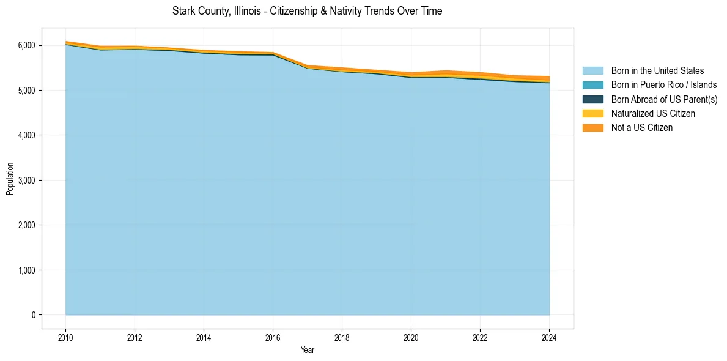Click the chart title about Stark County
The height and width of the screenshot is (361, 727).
tap(307, 11)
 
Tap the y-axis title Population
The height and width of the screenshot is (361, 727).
tap(10, 179)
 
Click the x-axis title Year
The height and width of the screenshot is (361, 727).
tap(308, 350)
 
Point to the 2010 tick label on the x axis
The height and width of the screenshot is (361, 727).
tap(65, 337)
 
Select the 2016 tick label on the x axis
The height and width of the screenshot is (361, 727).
tap(273, 337)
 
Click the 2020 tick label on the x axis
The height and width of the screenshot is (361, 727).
tap(411, 337)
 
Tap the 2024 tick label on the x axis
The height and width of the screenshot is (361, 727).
tap(550, 337)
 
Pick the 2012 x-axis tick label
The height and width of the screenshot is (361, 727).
tap(135, 337)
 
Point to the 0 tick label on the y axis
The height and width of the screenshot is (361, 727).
tap(33, 315)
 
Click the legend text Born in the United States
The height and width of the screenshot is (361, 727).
tap(657, 71)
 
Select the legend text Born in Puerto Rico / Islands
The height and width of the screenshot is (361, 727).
tap(664, 85)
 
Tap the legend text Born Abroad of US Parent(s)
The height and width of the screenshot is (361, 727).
tap(664, 99)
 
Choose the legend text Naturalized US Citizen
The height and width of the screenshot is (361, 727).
tap(653, 113)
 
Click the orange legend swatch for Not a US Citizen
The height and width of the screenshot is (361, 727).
tap(592, 127)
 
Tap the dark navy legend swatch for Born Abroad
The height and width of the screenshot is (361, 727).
tap(592, 99)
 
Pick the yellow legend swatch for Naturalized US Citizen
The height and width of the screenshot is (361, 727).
tap(592, 113)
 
